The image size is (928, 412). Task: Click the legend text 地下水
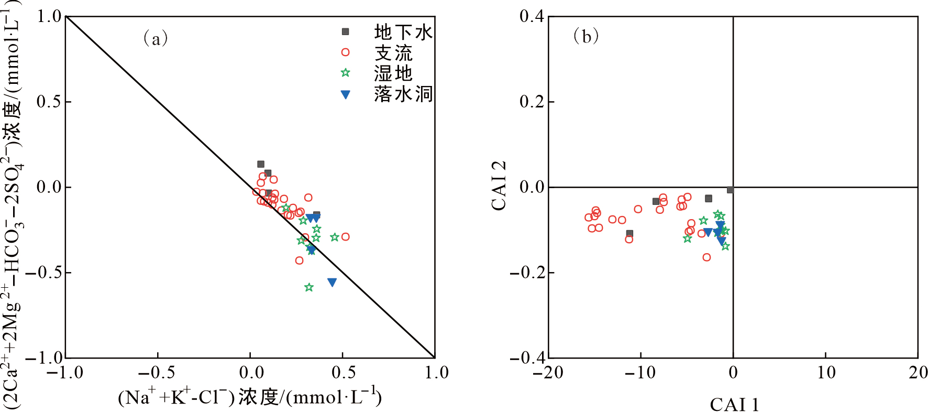point(403,32)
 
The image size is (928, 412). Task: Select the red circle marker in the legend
point(345,52)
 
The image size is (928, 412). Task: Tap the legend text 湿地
point(393,73)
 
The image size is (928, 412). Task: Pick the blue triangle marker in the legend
point(345,94)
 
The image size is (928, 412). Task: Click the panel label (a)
point(156,38)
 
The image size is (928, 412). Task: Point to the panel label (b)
point(586,36)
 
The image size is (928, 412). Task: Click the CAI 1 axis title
point(734,404)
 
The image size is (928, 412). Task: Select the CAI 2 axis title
point(499,186)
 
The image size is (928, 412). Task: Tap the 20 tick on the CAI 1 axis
point(918,373)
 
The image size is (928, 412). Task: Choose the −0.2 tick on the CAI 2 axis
point(527,273)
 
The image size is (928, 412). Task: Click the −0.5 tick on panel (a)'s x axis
point(156,373)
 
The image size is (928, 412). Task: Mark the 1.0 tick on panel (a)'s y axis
point(49,16)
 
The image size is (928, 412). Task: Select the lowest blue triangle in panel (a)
point(332,282)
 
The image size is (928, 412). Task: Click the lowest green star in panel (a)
point(309,287)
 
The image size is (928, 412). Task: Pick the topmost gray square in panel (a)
point(261,164)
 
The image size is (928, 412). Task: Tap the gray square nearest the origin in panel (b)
point(730,190)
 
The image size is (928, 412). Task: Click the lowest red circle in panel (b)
point(706,257)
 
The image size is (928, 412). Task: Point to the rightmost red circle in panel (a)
point(345,237)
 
